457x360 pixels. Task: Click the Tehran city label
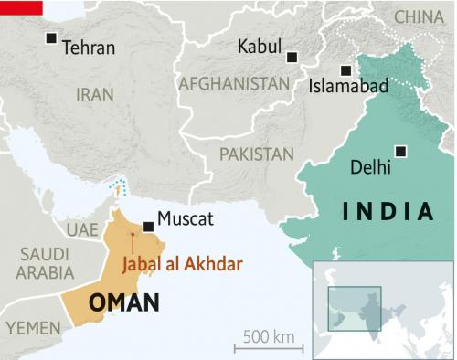coord(89,48)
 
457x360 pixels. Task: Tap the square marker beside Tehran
coord(52,38)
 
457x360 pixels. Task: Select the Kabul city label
coord(260,48)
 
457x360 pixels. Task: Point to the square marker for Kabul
coord(292,57)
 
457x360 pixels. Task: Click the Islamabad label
coord(349,87)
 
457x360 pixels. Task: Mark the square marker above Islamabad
coord(345,69)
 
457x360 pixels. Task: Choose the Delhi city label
coord(370,167)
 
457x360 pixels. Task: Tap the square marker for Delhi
coord(399,151)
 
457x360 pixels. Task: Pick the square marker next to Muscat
coord(148,226)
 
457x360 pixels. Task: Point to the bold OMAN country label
coord(124,302)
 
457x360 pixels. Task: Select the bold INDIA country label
coord(388,212)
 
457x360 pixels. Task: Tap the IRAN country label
coord(95,94)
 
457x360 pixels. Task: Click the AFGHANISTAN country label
coord(234,83)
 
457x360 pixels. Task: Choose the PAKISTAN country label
coord(257,154)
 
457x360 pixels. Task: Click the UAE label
coord(81,228)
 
